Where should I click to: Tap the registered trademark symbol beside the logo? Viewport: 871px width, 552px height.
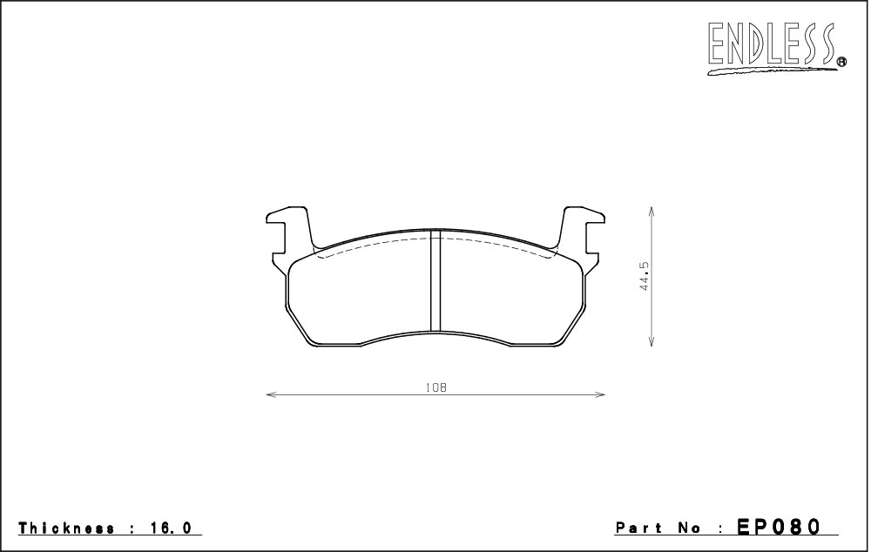(841, 62)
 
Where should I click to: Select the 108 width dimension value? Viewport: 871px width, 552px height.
(436, 387)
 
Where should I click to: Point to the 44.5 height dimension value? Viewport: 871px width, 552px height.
(645, 277)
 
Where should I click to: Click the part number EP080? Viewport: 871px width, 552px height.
(779, 526)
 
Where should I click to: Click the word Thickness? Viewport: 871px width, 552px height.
(67, 528)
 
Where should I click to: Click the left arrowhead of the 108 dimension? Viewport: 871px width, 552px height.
(271, 394)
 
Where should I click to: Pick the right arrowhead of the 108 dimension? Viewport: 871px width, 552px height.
(600, 394)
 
